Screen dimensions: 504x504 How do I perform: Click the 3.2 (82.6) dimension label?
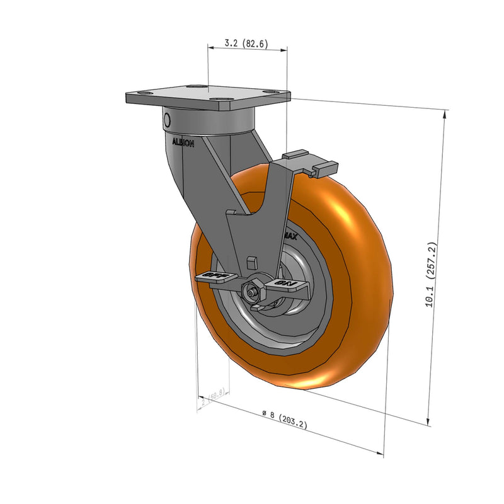247,44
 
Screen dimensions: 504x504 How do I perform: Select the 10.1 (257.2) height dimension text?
430,275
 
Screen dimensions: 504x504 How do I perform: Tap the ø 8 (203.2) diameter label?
285,419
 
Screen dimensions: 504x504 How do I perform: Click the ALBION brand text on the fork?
184,143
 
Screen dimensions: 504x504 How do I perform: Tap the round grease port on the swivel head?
168,120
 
